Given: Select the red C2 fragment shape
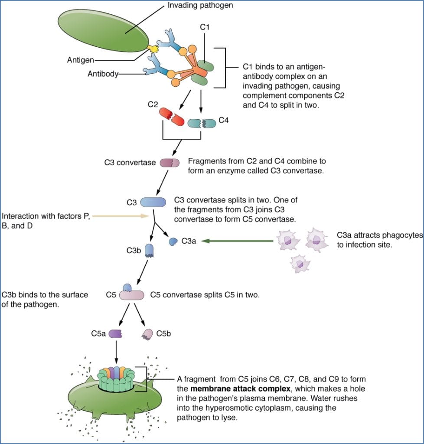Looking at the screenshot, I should (x=170, y=116).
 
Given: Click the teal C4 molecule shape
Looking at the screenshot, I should (x=202, y=123).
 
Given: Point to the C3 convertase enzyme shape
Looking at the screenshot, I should (x=169, y=163).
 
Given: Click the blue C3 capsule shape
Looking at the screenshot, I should (x=153, y=202).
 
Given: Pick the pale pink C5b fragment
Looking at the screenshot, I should (x=147, y=333).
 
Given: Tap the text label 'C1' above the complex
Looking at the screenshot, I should (x=205, y=27).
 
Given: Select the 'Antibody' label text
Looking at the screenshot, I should (x=103, y=74).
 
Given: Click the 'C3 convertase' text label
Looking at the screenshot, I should (x=130, y=163).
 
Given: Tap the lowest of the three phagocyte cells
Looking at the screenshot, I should (x=299, y=263).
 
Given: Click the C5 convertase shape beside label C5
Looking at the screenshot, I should (x=131, y=294).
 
